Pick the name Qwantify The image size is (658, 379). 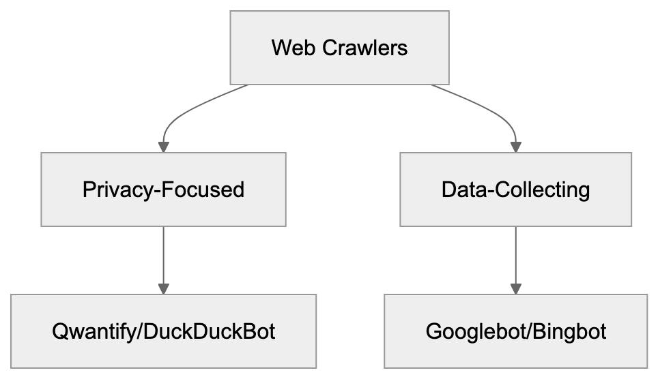95,331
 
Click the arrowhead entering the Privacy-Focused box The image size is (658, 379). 163,147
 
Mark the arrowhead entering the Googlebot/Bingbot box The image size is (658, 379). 515,288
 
